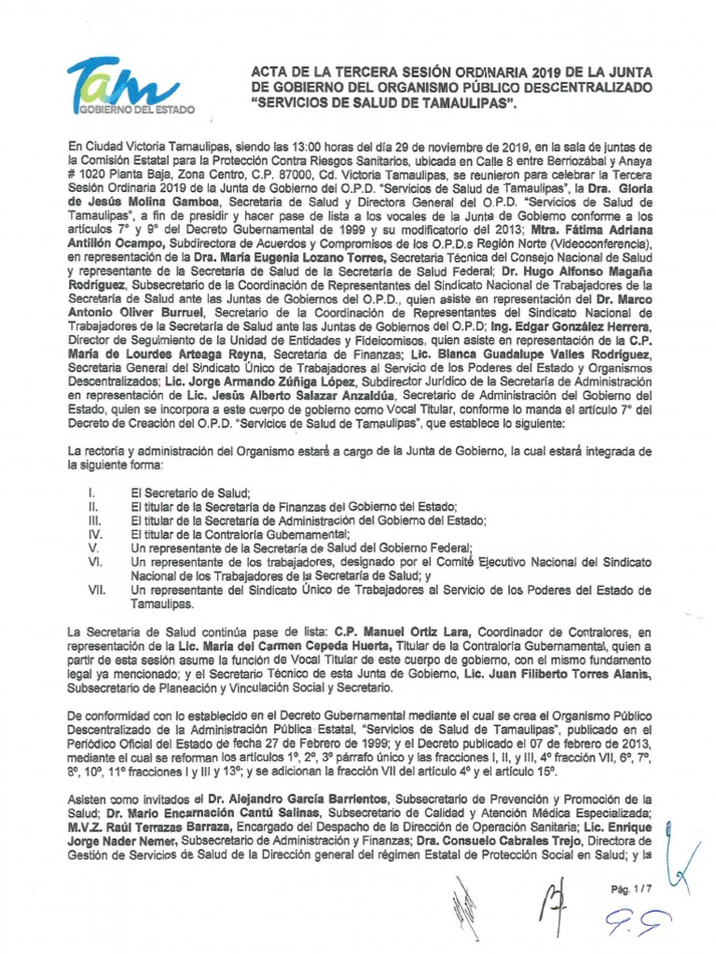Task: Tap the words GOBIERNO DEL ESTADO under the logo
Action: click(137, 109)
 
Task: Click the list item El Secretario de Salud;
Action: click(192, 491)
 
